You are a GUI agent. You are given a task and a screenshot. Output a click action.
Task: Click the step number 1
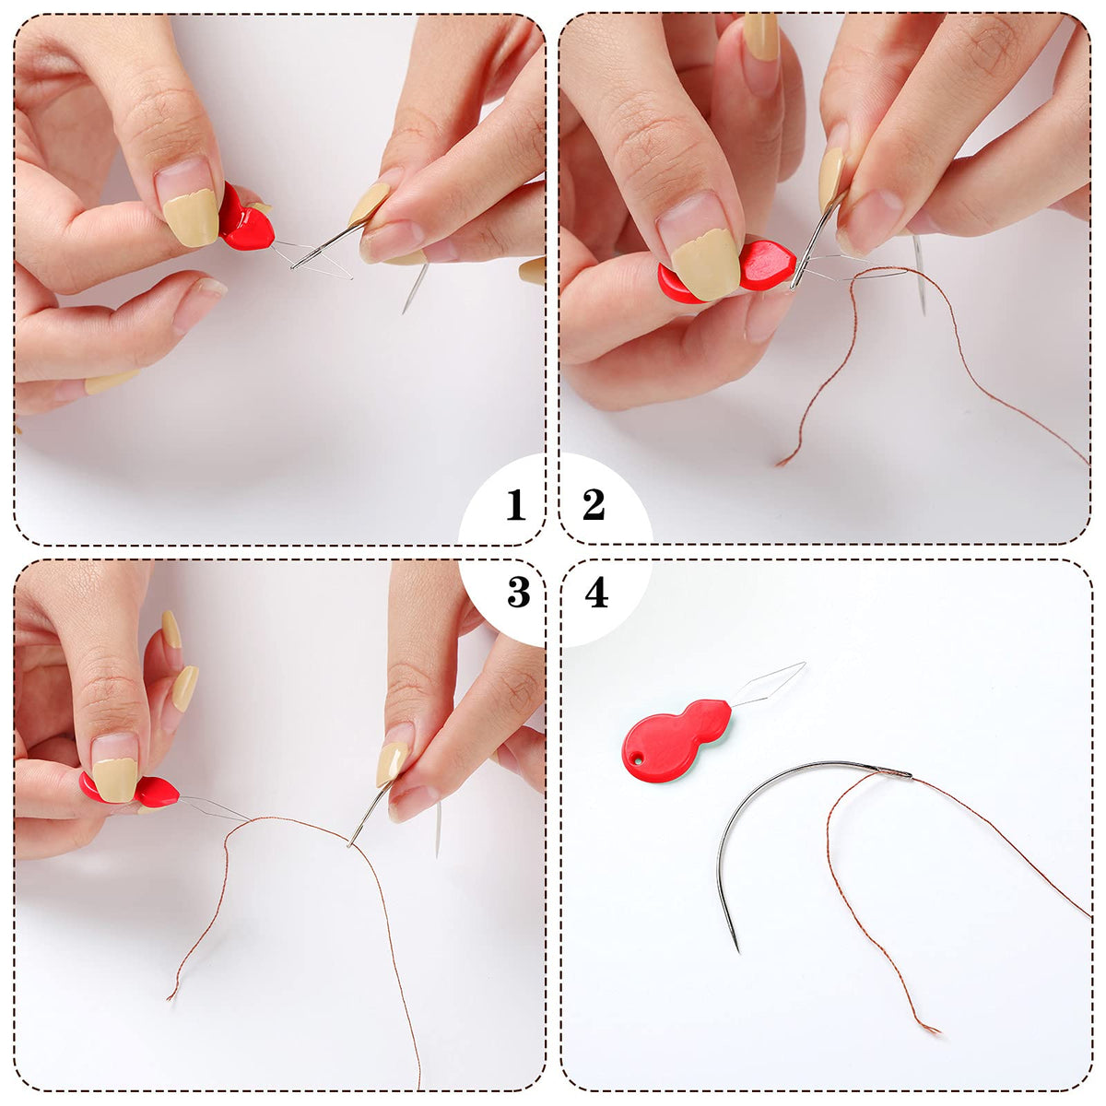515,504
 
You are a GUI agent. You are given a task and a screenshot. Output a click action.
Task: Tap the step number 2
594,504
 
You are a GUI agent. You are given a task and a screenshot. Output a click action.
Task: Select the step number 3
518,592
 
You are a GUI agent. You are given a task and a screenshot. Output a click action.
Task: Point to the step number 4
596,592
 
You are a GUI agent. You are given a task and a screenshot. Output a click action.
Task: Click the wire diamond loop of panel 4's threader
769,684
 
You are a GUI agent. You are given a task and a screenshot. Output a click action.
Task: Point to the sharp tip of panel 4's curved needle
738,952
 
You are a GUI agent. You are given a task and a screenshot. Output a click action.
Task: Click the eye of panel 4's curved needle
895,772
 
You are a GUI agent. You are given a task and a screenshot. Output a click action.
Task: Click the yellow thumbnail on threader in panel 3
115,781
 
